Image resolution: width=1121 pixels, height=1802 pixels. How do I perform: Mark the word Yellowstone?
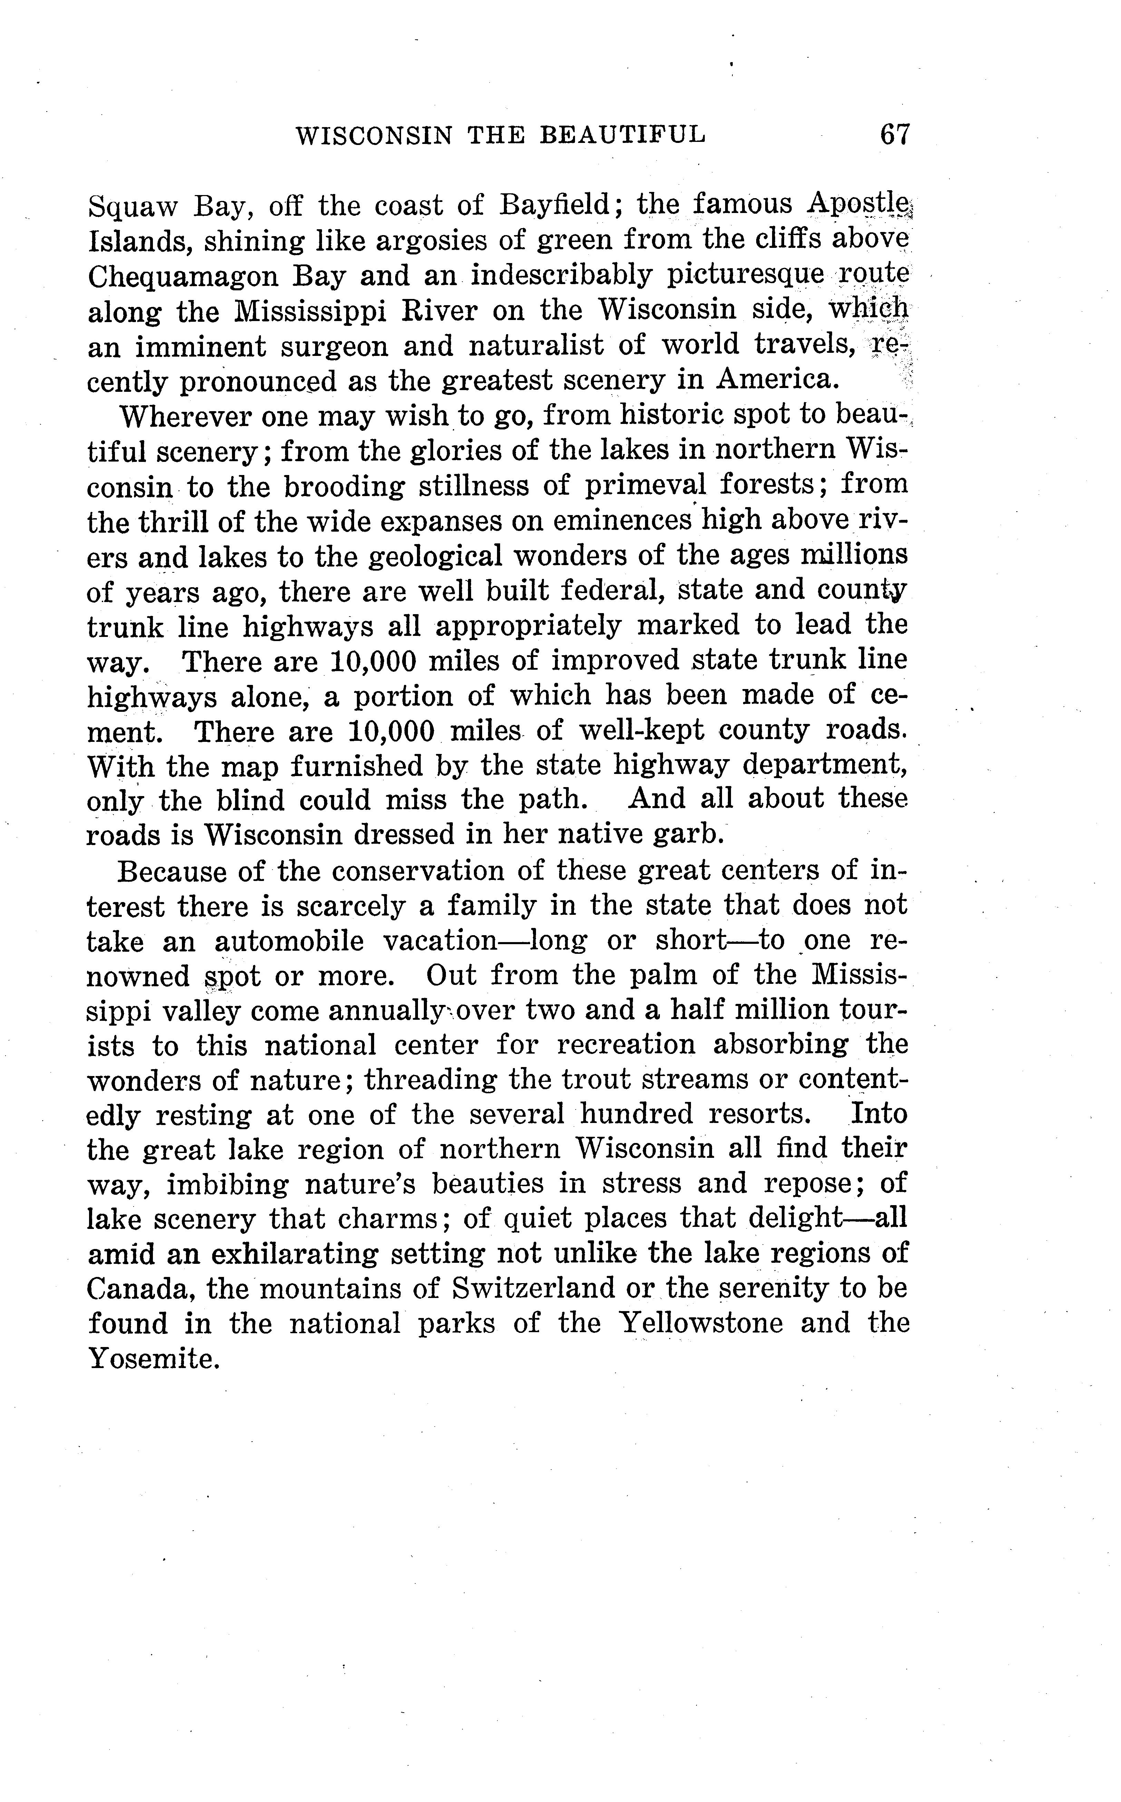pyautogui.click(x=700, y=1324)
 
